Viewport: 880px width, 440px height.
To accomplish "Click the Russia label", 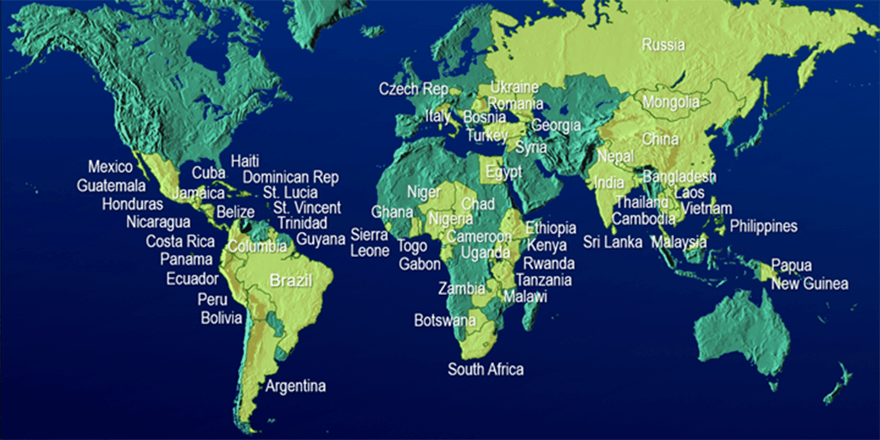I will (663, 45).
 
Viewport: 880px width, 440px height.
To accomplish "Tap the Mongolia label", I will (670, 102).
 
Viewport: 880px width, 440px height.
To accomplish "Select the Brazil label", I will (290, 280).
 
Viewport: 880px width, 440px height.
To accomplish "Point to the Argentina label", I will (296, 386).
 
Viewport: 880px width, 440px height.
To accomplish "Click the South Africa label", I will (486, 370).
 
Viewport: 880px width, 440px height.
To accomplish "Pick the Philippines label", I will (764, 227).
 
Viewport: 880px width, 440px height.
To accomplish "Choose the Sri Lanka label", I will (613, 242).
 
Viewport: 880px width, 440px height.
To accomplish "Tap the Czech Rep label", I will (413, 89).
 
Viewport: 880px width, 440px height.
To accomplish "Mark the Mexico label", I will (110, 167).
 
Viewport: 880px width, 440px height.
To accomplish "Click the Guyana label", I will (321, 239).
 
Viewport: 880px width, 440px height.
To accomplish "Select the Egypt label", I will (504, 171).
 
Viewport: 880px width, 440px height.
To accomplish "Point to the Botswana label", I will (444, 321).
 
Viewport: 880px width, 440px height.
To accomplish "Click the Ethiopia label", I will (551, 229).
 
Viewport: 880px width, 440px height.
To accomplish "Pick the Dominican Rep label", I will (290, 177).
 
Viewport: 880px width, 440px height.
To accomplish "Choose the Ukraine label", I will (515, 88).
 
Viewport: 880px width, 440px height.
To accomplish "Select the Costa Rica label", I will (180, 241).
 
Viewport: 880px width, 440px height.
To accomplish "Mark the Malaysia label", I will (679, 242).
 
